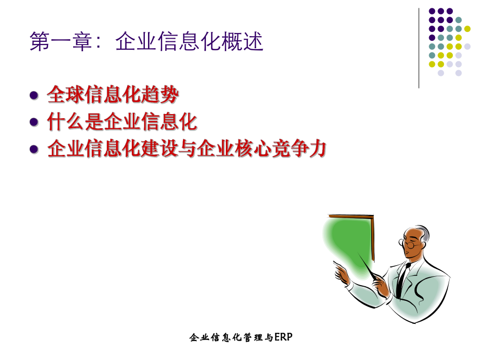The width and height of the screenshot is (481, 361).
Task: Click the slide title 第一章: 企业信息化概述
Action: (x=146, y=42)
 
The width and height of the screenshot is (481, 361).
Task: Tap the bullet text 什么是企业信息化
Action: (x=122, y=122)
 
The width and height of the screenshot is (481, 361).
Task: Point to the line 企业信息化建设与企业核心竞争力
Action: (x=187, y=149)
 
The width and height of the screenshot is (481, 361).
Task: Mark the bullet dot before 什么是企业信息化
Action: (x=35, y=122)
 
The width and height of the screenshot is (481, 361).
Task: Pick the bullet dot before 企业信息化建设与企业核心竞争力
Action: (x=35, y=149)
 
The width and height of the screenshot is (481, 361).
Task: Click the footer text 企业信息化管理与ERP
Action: (x=241, y=337)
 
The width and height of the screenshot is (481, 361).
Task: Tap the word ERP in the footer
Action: (x=283, y=337)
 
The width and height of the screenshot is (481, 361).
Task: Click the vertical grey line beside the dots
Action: (x=419, y=47)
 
